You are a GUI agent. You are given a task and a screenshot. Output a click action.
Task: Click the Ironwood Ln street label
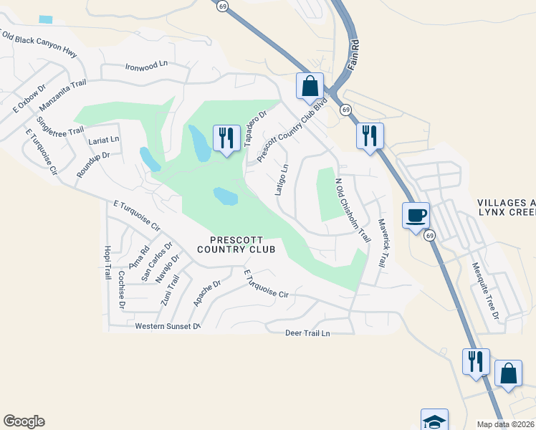(145, 64)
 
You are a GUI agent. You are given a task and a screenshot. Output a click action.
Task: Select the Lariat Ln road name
(104, 139)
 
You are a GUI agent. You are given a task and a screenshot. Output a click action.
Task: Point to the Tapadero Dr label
(255, 128)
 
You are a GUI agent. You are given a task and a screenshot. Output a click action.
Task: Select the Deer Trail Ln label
(307, 333)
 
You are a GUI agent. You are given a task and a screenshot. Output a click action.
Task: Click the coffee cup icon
(415, 215)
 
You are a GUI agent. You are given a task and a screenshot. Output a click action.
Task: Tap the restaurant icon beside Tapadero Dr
(226, 137)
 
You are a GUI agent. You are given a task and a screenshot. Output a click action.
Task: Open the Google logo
(24, 421)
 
